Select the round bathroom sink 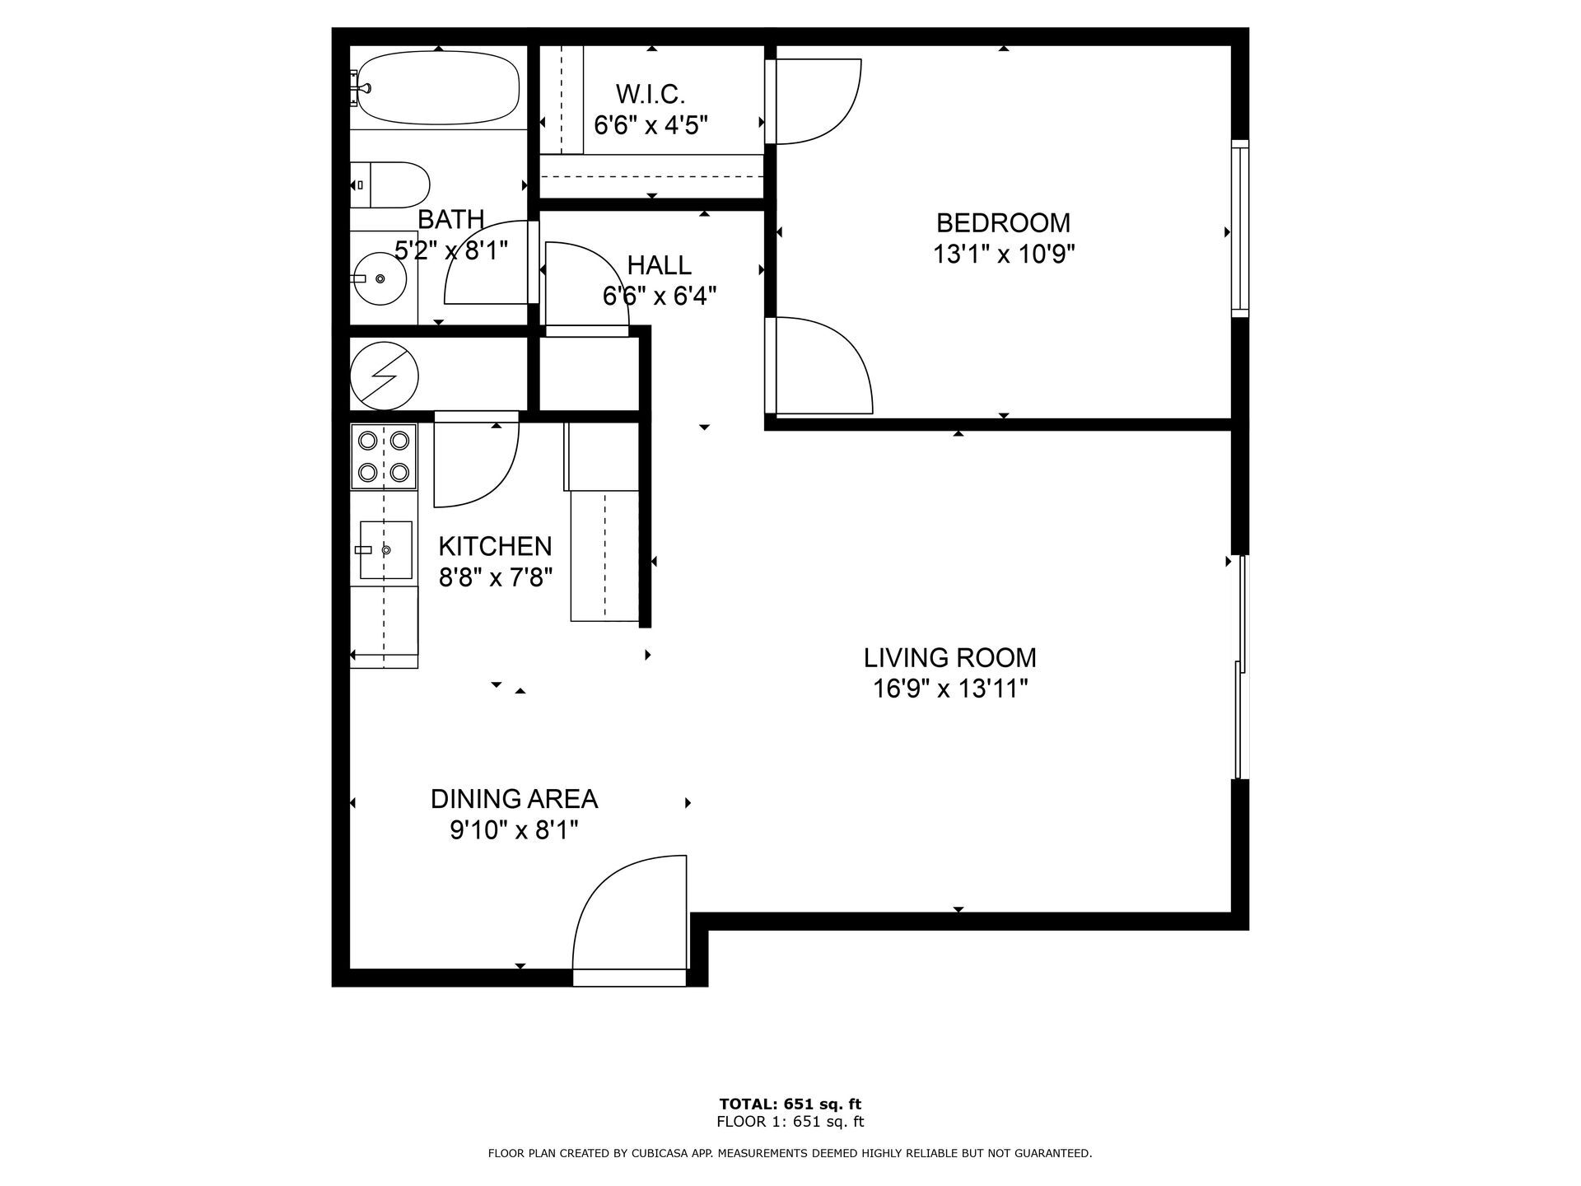click(380, 278)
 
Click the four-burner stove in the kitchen click(384, 456)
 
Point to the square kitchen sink click(385, 549)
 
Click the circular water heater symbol click(385, 376)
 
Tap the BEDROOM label click(1003, 223)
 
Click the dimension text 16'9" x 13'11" click(950, 688)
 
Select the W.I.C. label click(651, 95)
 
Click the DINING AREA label click(514, 799)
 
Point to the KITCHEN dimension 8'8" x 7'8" click(495, 577)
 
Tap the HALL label click(659, 265)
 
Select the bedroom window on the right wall click(1240, 229)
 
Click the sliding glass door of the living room click(1241, 667)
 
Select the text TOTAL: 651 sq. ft click(790, 1104)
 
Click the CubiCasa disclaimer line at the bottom click(790, 1153)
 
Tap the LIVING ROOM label click(949, 657)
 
